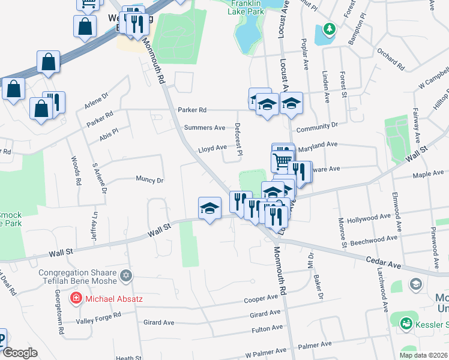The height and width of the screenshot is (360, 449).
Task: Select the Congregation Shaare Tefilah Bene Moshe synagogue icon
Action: tap(125, 276)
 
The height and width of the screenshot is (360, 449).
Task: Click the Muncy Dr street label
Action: tap(149, 179)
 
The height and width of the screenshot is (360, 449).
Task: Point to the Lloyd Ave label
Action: tap(212, 148)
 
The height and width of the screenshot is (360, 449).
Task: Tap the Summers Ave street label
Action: tap(204, 128)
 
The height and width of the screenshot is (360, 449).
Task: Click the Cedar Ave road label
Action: tap(384, 262)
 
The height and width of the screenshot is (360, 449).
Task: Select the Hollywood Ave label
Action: tap(369, 220)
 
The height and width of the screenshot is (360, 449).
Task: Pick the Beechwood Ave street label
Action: tap(373, 238)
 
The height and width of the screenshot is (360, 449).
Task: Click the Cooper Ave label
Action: tap(261, 299)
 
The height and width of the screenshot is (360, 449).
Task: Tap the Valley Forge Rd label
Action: tap(100, 321)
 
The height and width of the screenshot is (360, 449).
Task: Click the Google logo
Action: tap(20, 353)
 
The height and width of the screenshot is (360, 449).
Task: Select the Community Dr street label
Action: tap(317, 127)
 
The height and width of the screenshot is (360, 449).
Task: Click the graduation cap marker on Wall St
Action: tap(209, 208)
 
